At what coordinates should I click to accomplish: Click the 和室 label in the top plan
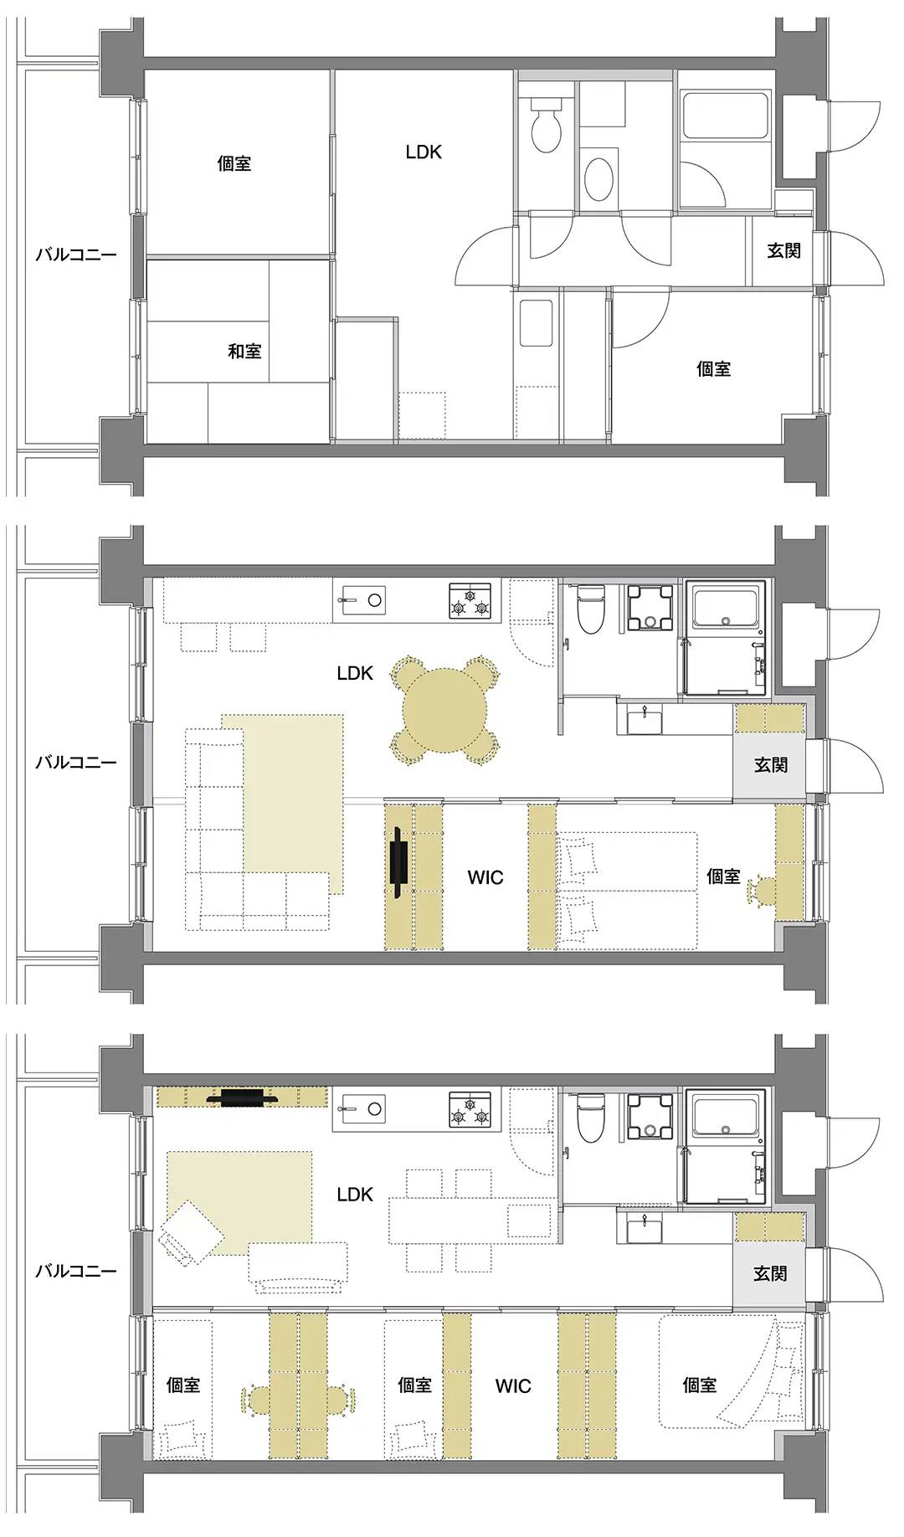[244, 351]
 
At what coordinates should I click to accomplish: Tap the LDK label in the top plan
[424, 152]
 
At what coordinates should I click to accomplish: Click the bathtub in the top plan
[725, 116]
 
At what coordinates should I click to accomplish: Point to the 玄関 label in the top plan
[784, 250]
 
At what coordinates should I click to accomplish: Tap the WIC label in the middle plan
[485, 877]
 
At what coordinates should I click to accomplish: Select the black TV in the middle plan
[400, 863]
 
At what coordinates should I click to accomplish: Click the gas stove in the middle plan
[470, 601]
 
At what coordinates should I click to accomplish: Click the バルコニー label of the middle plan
[76, 763]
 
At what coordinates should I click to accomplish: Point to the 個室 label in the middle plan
[723, 876]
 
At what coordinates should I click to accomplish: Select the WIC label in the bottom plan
[513, 1385]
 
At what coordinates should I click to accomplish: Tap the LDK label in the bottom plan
[355, 1194]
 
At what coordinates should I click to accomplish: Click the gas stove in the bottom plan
[470, 1109]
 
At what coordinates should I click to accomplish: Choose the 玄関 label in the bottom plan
[770, 1273]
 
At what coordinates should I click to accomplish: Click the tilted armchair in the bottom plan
[191, 1235]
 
